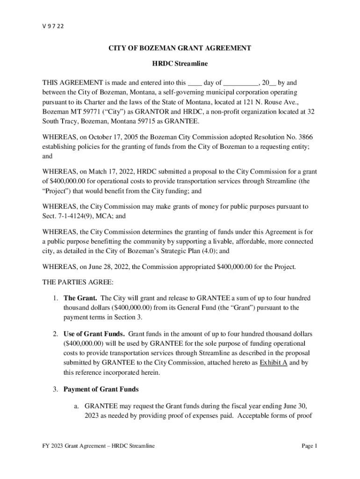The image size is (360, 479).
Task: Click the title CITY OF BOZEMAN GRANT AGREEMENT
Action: point(180,48)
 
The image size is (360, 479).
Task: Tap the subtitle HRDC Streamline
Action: point(180,63)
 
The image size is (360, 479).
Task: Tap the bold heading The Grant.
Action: point(80,298)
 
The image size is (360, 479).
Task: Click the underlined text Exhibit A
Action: point(274,363)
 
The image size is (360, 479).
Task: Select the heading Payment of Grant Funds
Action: point(101,389)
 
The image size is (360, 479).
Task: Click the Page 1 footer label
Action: point(310,446)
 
